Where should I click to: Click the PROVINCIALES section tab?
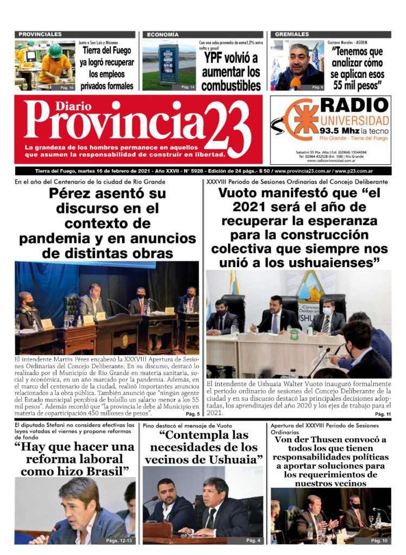(x=39, y=35)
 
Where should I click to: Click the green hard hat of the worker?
(x=55, y=50)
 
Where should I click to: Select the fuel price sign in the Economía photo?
(x=169, y=63)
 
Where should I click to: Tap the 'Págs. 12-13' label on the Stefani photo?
(x=120, y=540)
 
